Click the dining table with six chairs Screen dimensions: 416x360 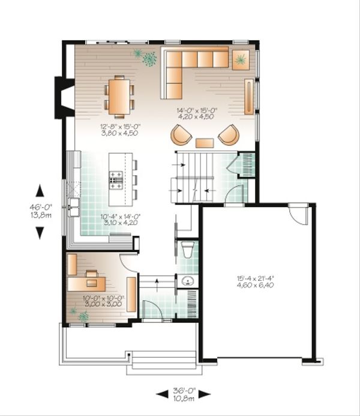point(119,96)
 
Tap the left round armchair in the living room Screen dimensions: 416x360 point(181,136)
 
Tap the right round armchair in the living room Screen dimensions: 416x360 point(228,136)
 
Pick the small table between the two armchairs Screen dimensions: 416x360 point(205,143)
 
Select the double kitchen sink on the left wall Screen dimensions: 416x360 point(74,207)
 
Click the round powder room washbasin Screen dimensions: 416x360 point(185,281)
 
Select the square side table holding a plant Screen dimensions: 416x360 point(242,59)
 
